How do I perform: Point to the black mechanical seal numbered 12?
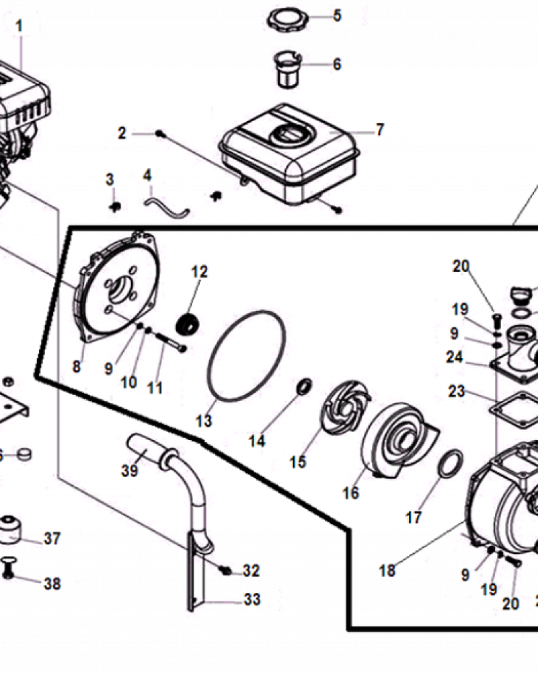[x=189, y=325]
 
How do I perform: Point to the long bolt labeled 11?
[x=171, y=343]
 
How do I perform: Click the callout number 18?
[x=387, y=570]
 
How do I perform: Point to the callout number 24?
[x=455, y=357]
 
